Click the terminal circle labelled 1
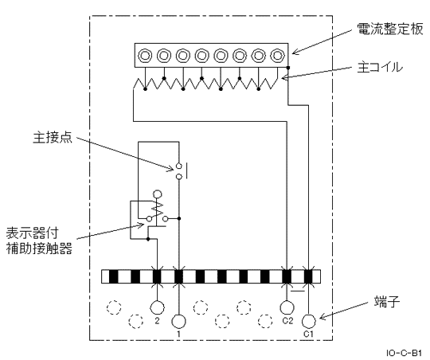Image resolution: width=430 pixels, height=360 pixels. [x=179, y=321]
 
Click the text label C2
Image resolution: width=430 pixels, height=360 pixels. [x=287, y=323]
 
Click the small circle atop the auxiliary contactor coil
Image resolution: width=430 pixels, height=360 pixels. [x=158, y=194]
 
